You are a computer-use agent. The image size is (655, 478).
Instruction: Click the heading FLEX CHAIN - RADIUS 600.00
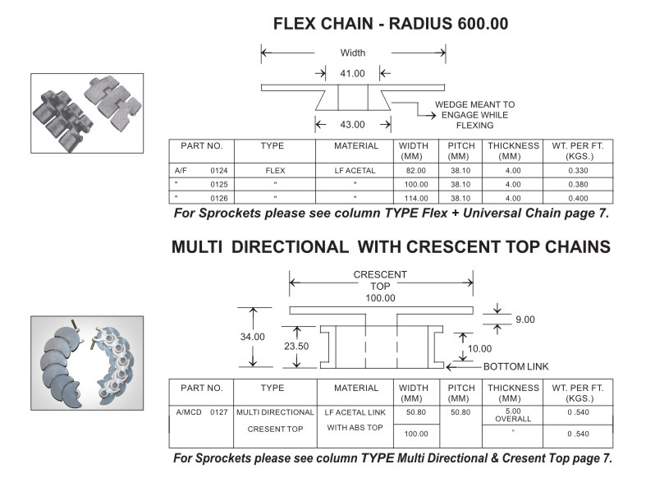[x=390, y=24]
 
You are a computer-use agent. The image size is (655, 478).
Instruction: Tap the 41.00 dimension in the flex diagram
[x=352, y=73]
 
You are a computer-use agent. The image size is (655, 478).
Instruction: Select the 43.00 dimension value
[x=352, y=125]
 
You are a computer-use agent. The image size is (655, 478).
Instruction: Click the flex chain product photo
[x=87, y=113]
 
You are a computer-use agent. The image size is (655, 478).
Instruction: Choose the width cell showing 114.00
[x=415, y=198]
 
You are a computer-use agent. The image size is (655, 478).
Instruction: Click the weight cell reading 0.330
[x=578, y=170]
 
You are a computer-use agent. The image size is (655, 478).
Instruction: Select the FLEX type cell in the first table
[x=274, y=170]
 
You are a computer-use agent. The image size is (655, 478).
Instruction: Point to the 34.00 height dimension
[x=253, y=337]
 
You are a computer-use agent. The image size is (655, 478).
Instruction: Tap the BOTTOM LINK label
[x=515, y=366]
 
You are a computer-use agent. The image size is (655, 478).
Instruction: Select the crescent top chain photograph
[x=87, y=362]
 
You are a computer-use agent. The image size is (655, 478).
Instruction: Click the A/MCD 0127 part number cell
[x=200, y=411]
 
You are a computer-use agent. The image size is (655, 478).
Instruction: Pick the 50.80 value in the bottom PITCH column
[x=460, y=411]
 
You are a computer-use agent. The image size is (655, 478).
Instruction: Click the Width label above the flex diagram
[x=353, y=53]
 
